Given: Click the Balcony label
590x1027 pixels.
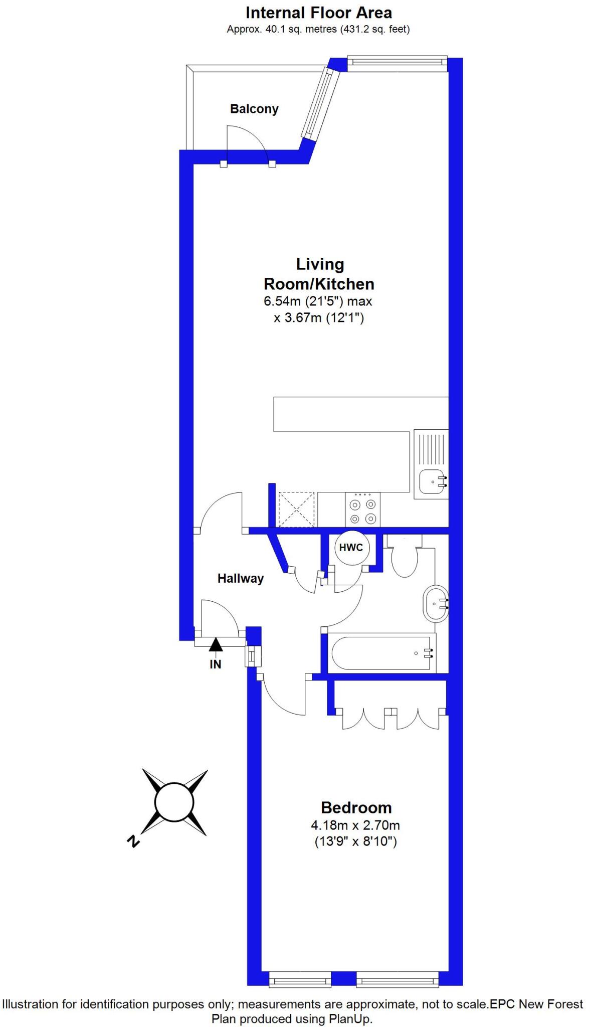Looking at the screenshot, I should tap(254, 109).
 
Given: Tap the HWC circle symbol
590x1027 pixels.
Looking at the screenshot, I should tap(351, 547).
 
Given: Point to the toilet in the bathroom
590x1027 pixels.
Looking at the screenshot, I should tap(404, 558).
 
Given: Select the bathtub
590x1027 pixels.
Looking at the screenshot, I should tap(381, 653).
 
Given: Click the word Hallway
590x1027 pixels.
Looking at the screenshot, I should tap(241, 578).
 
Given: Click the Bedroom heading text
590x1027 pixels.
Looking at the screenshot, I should tap(356, 808).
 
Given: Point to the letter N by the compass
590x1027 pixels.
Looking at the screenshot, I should tap(133, 841).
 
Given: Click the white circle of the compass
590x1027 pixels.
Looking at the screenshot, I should tap(174, 802).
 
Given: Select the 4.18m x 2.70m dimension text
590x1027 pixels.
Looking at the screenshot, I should tap(355, 825).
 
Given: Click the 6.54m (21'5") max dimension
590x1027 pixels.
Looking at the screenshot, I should tap(318, 301).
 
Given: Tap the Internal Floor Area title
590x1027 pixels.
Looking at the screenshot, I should tap(318, 13).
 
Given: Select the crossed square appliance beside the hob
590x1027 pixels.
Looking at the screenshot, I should tap(297, 509).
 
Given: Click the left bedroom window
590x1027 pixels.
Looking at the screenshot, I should tap(300, 979).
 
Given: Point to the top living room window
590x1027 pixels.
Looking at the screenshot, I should tap(396, 62).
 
